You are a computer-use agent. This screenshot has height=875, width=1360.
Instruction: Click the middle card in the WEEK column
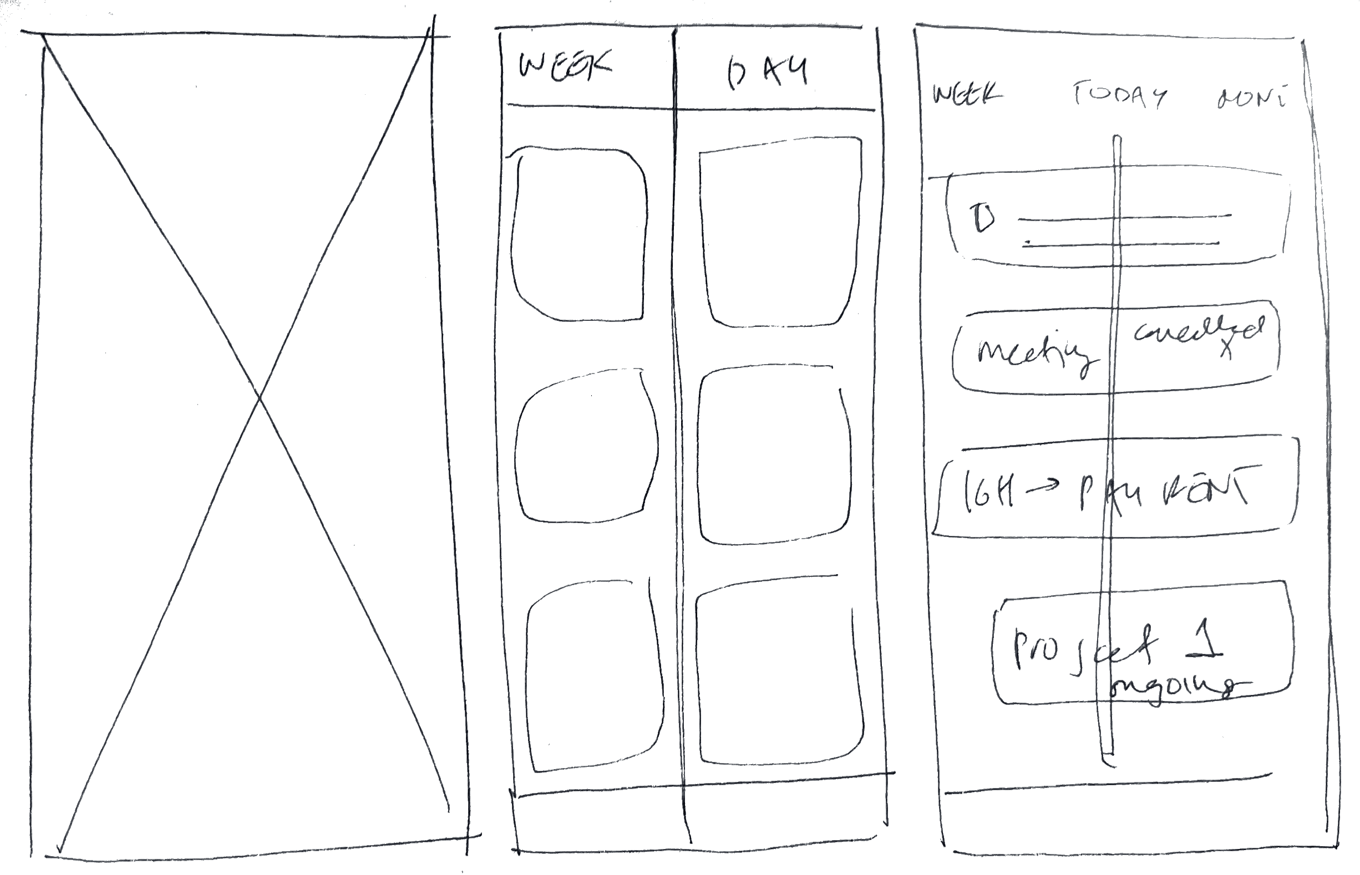point(586,446)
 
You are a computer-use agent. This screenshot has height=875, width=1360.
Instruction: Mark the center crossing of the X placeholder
point(260,398)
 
